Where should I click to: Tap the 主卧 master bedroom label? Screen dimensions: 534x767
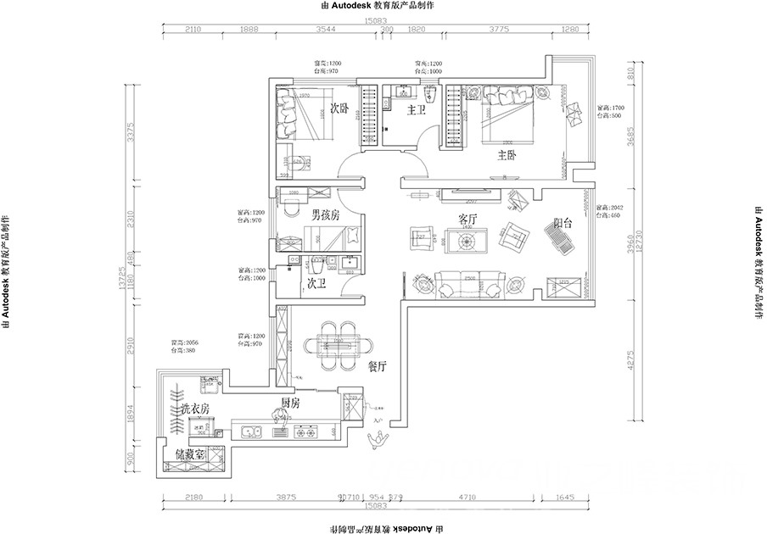tap(507, 155)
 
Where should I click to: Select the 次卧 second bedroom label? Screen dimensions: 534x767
tap(339, 108)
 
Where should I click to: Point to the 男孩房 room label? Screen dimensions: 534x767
tap(325, 215)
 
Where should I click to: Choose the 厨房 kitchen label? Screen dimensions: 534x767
tap(290, 403)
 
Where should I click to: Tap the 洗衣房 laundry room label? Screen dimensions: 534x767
tap(194, 409)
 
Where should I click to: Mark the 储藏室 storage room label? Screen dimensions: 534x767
tap(190, 455)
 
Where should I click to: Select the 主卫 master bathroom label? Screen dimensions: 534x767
tap(416, 110)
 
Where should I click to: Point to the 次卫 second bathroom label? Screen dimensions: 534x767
tap(317, 283)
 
